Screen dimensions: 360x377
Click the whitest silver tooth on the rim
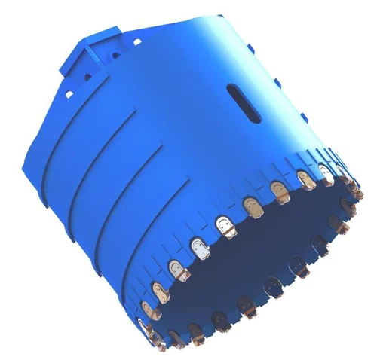pyautogui.click(x=198, y=248)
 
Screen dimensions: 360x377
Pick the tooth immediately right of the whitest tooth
pyautogui.click(x=223, y=224)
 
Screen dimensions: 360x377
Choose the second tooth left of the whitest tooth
pyautogui.click(x=158, y=288)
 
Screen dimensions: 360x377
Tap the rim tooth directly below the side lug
pyautogui.click(x=305, y=180)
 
